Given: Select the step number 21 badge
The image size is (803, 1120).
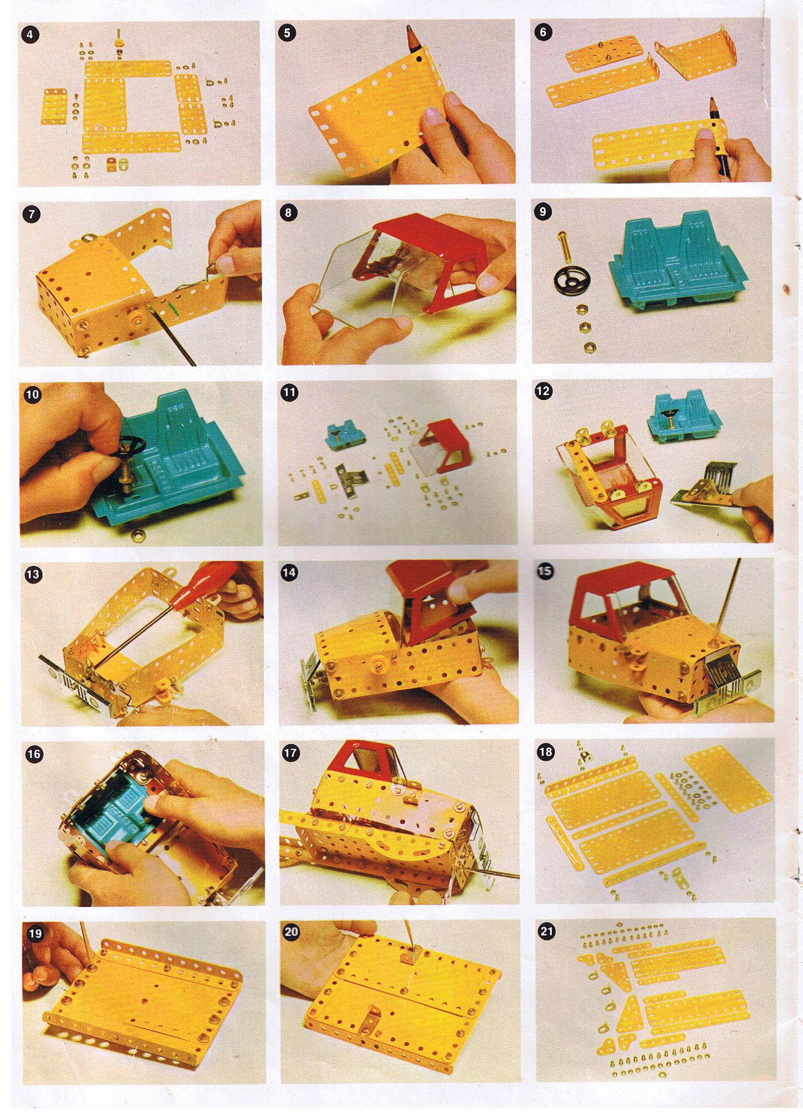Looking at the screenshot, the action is pos(547,932).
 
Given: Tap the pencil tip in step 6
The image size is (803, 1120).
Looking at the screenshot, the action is pos(714,103).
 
